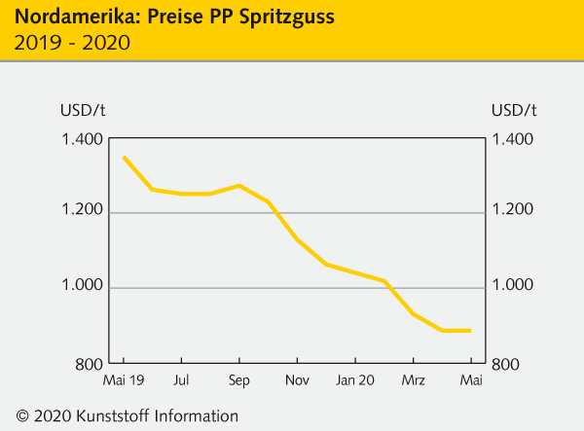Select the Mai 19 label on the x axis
click(x=124, y=378)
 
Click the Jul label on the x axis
click(x=181, y=378)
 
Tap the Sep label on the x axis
click(x=238, y=378)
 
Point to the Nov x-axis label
click(x=297, y=378)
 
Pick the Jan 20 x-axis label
click(x=355, y=378)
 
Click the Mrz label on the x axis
click(x=414, y=378)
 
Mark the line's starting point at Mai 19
click(x=124, y=157)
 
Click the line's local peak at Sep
click(x=239, y=185)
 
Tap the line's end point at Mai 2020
click(x=471, y=331)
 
